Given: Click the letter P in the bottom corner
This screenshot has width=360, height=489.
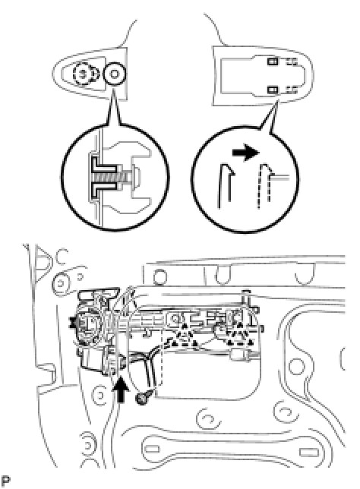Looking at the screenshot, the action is coord(6,481).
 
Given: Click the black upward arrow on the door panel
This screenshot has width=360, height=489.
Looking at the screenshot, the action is coord(121,392).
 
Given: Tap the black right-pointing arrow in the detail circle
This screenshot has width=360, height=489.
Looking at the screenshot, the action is coord(246,153).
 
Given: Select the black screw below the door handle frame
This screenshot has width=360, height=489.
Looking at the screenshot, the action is coord(143,398).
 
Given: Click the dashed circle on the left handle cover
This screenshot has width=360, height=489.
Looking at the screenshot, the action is coord(84,74).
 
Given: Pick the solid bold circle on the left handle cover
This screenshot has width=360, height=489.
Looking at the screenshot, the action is coord(114,74).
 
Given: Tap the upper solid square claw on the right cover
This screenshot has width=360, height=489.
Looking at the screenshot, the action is coord(273,62).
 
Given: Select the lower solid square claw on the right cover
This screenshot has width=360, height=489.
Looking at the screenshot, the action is coord(273,90).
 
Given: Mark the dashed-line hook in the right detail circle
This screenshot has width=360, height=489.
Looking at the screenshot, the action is coord(264,185).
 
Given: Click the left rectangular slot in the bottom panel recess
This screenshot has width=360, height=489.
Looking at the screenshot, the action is coord(153,449).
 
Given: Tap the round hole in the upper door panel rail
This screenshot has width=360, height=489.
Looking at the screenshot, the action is coord(160,276).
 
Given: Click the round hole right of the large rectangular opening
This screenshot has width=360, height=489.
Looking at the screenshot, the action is coord(297,367).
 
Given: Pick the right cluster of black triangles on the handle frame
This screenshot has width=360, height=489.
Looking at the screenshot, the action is coord(239,335).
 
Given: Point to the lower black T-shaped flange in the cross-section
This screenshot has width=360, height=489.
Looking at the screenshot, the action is coord(105,190).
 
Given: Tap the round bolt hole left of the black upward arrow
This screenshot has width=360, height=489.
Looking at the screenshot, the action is coord(99,395).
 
